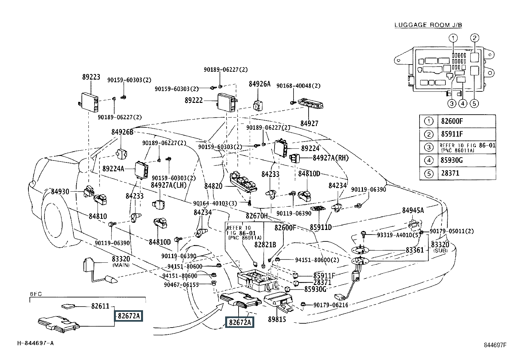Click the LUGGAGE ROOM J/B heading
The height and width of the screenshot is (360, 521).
[x=428, y=25]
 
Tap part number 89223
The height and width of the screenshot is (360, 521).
[x=91, y=77]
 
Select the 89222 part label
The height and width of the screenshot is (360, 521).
[x=194, y=100]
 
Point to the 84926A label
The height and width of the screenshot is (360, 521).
[x=260, y=84]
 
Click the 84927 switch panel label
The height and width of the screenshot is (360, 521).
[x=309, y=123]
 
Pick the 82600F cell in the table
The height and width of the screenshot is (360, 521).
[x=452, y=121]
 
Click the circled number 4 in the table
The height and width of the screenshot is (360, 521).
[x=429, y=161]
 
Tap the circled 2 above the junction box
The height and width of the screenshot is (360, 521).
[x=475, y=38]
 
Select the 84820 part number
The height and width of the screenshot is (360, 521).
[x=213, y=186]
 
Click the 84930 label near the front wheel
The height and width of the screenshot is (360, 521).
[x=60, y=192]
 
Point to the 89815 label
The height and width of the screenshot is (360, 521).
[x=277, y=319]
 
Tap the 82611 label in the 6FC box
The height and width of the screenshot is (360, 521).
[x=100, y=306]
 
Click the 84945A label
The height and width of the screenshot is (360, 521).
[x=413, y=211]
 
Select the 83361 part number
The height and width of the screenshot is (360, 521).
[x=415, y=250]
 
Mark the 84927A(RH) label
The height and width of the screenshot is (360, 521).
[x=331, y=158]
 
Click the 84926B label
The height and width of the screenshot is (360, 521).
[x=122, y=132]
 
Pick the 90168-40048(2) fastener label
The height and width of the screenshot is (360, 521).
[x=298, y=86]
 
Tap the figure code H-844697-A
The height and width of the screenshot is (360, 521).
[x=36, y=343]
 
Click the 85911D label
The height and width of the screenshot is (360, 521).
[x=321, y=227]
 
